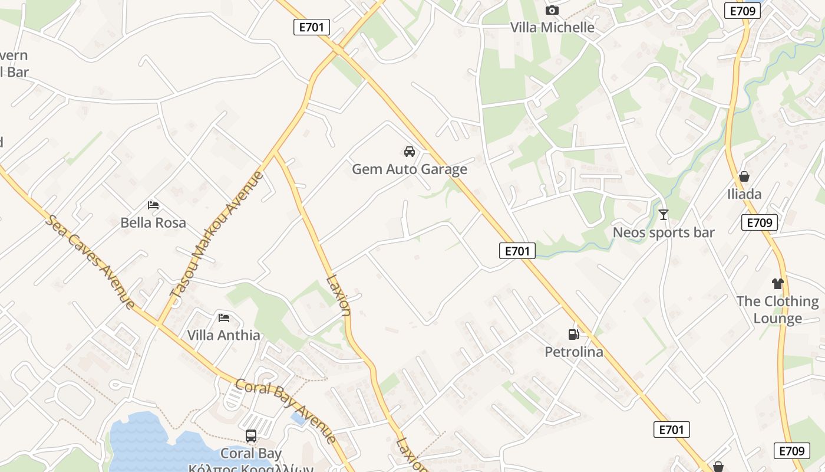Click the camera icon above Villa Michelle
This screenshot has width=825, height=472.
pyautogui.click(x=552, y=10)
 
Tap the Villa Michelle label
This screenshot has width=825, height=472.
pyautogui.click(x=552, y=27)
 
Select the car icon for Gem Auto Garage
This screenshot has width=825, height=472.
pyautogui.click(x=410, y=152)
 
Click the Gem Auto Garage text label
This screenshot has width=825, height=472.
pyautogui.click(x=410, y=169)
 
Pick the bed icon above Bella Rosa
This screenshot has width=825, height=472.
pyautogui.click(x=153, y=205)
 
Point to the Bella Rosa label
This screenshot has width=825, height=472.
pyautogui.click(x=153, y=222)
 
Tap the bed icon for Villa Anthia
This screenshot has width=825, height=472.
pyautogui.click(x=224, y=317)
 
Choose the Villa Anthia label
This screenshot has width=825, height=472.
pyautogui.click(x=224, y=335)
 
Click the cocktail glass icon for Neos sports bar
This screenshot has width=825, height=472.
pyautogui.click(x=664, y=215)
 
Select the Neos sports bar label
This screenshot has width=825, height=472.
pyautogui.click(x=664, y=232)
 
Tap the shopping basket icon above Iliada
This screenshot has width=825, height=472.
pyautogui.click(x=744, y=176)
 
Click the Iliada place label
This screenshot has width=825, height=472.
pyautogui.click(x=744, y=194)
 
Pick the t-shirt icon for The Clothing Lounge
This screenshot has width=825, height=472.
pyautogui.click(x=778, y=284)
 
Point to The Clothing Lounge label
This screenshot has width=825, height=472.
pyautogui.click(x=778, y=310)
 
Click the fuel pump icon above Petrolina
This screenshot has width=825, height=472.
pyautogui.click(x=573, y=335)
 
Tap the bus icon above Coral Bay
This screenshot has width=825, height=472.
pyautogui.click(x=251, y=436)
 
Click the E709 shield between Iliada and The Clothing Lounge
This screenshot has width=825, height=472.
pyautogui.click(x=760, y=222)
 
